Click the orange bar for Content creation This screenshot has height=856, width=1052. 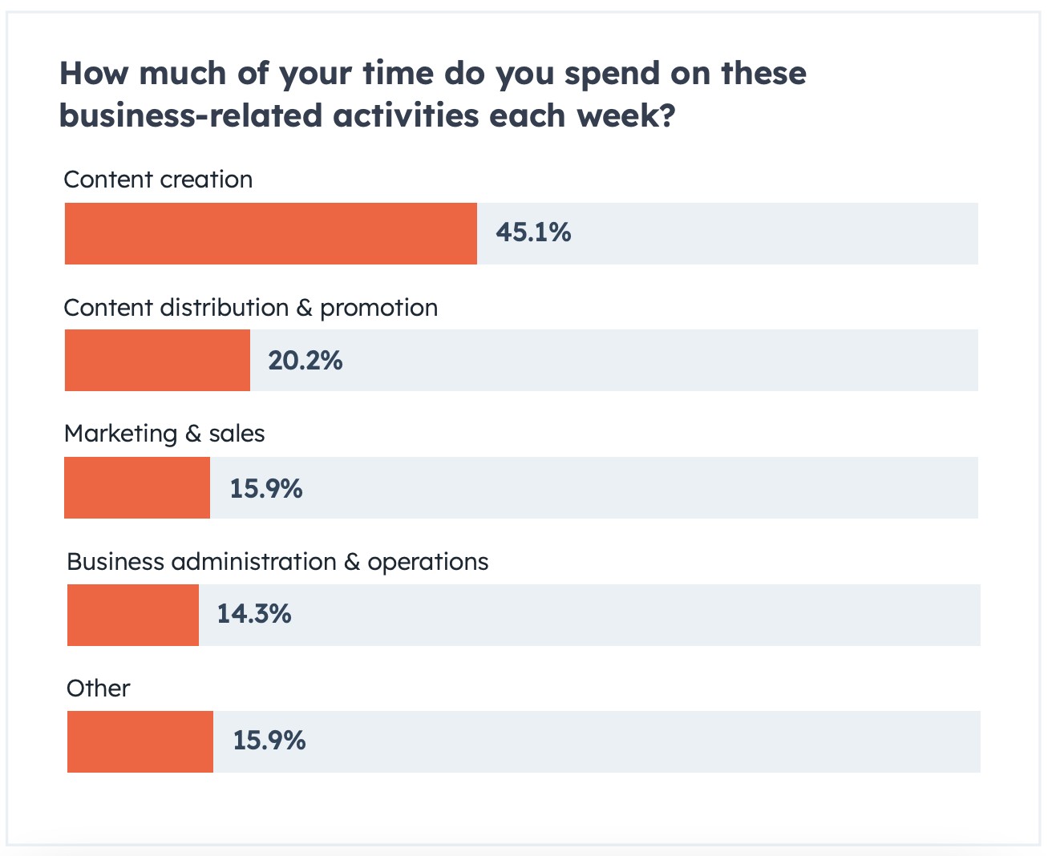270,233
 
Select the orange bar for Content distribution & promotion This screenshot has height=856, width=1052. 157,360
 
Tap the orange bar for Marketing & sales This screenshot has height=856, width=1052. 137,487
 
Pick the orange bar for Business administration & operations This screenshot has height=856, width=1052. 133,615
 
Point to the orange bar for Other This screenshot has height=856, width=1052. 140,741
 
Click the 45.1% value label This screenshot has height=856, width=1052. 533,233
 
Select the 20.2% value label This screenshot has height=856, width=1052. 305,361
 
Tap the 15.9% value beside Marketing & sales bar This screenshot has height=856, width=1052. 266,488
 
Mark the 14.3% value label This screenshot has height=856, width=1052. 254,614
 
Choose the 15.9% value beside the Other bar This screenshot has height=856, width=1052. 269,740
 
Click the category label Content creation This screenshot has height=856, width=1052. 158,180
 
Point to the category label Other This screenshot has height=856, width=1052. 98,688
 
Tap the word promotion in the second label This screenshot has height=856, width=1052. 378,309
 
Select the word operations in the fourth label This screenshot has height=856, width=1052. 427,562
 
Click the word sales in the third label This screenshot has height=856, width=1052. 237,434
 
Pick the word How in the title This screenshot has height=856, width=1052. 94,74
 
